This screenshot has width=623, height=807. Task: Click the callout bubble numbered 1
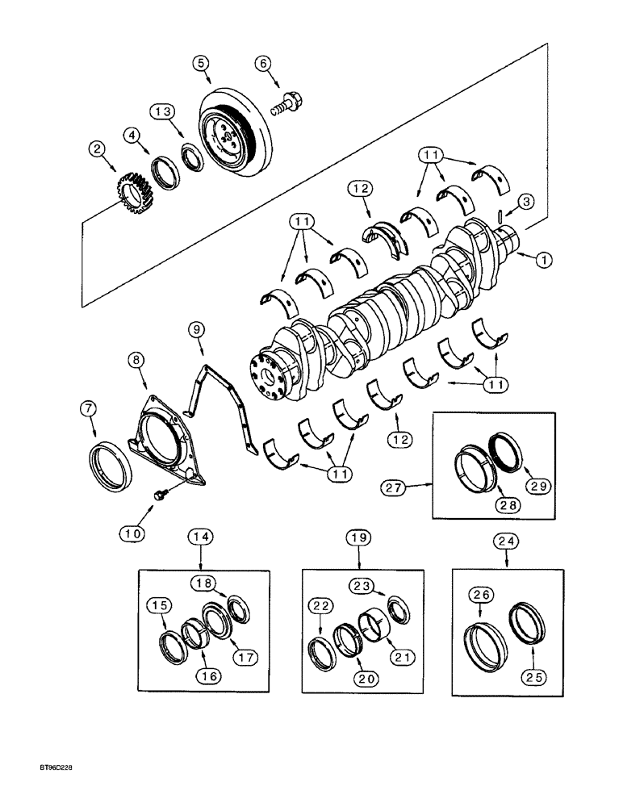545,260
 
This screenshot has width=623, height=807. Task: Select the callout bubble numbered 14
200,536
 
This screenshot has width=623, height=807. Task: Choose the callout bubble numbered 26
482,597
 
